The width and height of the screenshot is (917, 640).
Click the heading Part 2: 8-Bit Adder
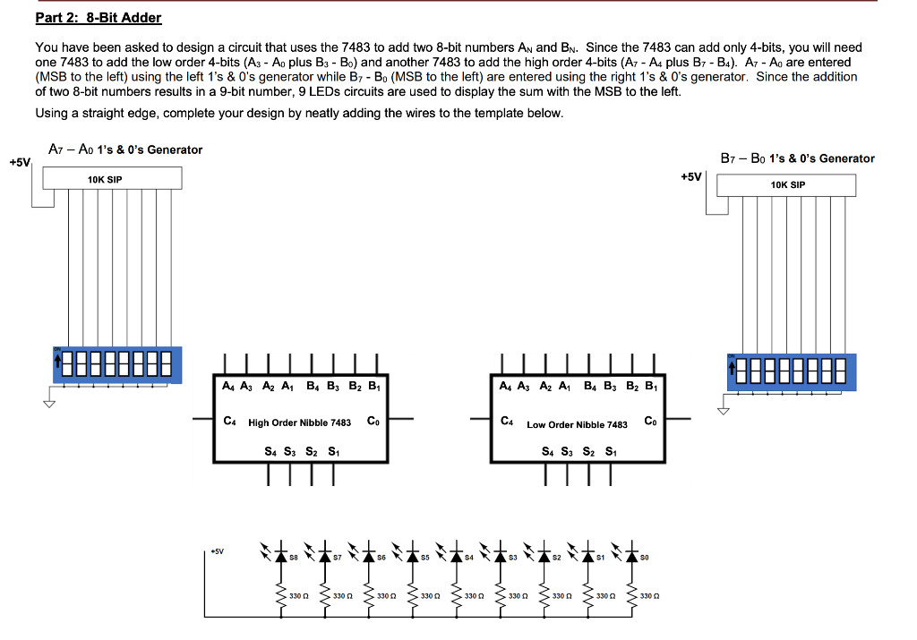(99, 18)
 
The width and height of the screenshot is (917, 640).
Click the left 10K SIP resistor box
(106, 179)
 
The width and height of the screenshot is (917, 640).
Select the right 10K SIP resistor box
(786, 185)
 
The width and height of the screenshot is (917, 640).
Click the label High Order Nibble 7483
(300, 422)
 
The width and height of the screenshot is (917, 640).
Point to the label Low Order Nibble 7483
(577, 424)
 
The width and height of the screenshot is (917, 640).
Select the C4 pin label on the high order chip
(230, 420)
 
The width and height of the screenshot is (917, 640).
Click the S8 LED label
(293, 558)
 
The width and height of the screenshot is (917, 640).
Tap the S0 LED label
(646, 558)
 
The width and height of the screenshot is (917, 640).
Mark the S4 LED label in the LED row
(469, 558)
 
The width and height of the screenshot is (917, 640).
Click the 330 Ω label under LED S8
(299, 595)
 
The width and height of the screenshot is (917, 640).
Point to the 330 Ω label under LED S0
(651, 595)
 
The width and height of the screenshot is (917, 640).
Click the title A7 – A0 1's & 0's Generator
(125, 149)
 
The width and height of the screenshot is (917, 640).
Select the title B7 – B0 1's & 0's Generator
(797, 158)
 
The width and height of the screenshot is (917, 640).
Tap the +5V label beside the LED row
(218, 552)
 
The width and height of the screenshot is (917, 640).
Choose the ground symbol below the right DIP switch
(724, 410)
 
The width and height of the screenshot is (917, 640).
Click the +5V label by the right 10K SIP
(690, 176)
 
